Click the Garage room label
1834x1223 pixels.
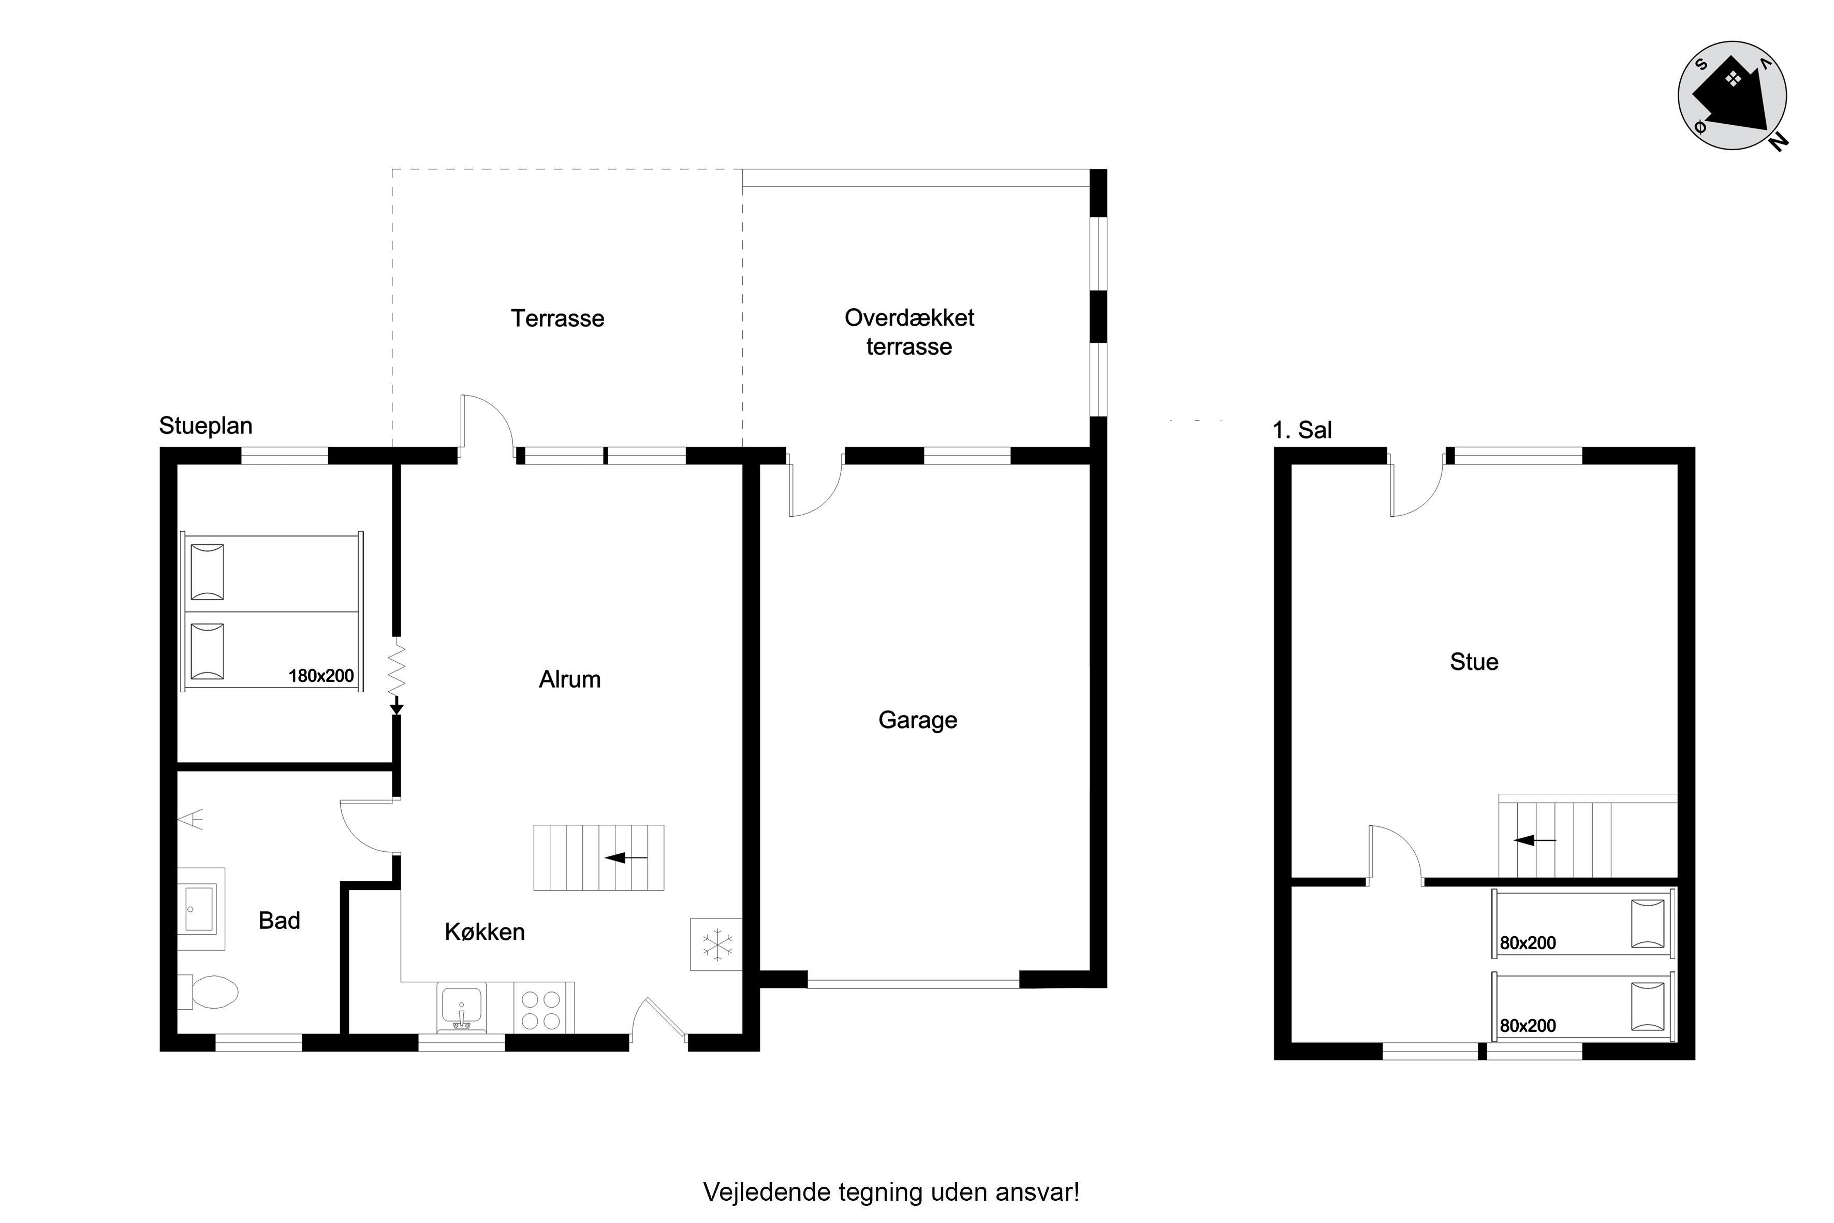click(918, 720)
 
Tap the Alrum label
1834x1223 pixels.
click(570, 679)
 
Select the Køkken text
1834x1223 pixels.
click(484, 931)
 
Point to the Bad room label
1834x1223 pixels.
click(279, 921)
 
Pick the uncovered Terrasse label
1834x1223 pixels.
click(557, 318)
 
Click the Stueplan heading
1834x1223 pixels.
click(206, 426)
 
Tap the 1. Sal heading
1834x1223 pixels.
click(1302, 430)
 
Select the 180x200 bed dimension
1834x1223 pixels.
click(321, 676)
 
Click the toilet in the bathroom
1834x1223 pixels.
click(208, 992)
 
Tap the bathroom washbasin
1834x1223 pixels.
click(201, 909)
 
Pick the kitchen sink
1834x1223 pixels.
click(462, 1007)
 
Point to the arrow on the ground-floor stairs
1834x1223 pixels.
click(626, 858)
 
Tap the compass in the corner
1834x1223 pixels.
click(1733, 96)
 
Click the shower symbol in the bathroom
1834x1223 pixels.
click(192, 820)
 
